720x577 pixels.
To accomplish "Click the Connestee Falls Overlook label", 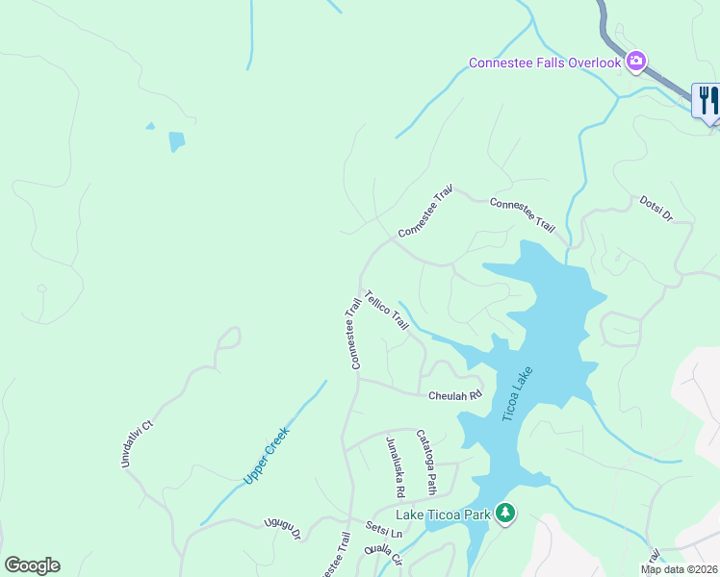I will coord(545,63).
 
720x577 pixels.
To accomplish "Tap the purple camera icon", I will coord(635,63).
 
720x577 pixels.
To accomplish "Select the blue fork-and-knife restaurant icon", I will coord(707,100).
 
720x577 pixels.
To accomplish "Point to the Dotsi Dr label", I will coord(656,209).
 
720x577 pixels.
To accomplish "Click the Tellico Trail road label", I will coord(387,311).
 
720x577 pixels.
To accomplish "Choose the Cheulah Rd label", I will coord(454,395).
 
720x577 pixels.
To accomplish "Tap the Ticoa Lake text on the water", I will coord(517,394).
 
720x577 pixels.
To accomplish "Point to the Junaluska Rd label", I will coord(395,467).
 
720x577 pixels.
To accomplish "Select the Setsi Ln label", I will coord(383,530).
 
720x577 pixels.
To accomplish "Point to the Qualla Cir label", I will coord(382,556).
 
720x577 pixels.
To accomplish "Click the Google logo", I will coord(32,565).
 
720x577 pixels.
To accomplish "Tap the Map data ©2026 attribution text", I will coord(680,569).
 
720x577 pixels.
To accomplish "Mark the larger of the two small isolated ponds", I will coord(176,141).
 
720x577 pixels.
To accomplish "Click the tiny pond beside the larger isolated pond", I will coord(150,125).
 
